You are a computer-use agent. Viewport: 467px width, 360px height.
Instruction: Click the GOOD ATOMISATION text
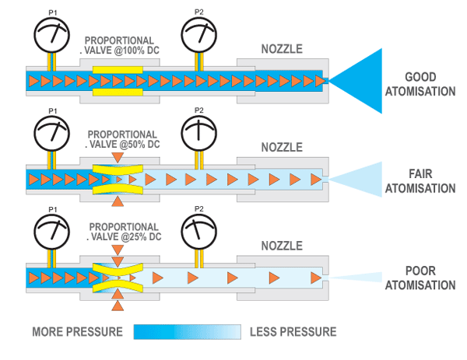tap(430, 85)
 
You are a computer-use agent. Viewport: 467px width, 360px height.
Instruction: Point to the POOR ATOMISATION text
tap(430, 278)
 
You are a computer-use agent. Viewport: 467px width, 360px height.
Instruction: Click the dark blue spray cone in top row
tap(362, 80)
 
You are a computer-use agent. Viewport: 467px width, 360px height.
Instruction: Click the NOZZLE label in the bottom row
tap(281, 245)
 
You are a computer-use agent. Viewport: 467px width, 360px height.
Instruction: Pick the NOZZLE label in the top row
tap(281, 51)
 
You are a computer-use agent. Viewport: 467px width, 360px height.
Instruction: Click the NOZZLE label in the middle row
tap(281, 147)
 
